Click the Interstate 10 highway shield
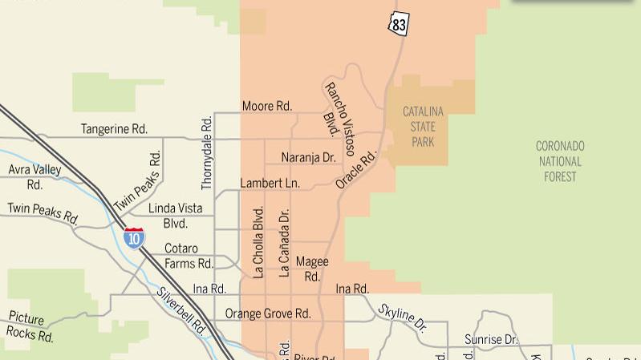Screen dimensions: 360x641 134,237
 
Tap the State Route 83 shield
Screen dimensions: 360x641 399,23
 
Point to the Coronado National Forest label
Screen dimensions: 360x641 560,161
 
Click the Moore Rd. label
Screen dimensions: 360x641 267,106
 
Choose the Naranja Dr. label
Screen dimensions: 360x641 308,157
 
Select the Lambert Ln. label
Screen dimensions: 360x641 270,183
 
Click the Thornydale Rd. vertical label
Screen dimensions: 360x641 207,152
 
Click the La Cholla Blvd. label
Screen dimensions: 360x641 258,242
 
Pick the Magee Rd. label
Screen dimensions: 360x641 311,269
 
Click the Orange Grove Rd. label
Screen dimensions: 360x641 267,313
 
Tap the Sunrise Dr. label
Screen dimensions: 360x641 492,340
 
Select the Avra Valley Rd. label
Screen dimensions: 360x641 34,176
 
